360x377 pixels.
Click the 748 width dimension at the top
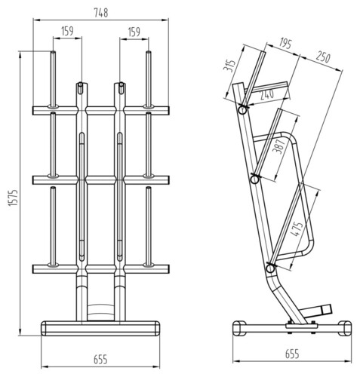point(101,13)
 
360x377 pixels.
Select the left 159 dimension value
point(67,31)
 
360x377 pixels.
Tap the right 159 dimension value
point(134,32)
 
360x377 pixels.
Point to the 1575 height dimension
point(13,198)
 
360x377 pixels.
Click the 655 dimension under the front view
point(100,359)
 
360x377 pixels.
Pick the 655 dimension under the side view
point(292,354)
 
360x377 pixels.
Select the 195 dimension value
point(285,43)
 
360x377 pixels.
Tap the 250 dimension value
point(323,57)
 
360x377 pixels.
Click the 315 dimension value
point(230,66)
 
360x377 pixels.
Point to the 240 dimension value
point(266,95)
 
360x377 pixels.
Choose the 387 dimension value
point(280,146)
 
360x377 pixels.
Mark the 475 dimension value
point(297,229)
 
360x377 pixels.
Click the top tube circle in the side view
point(243,110)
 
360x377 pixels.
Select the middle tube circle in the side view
point(255,179)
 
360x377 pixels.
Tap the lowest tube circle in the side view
point(270,268)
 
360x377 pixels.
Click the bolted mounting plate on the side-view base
point(302,326)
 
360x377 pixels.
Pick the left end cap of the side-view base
point(239,328)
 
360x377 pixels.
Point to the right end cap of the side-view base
point(345,328)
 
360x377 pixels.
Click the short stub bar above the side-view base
point(318,311)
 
